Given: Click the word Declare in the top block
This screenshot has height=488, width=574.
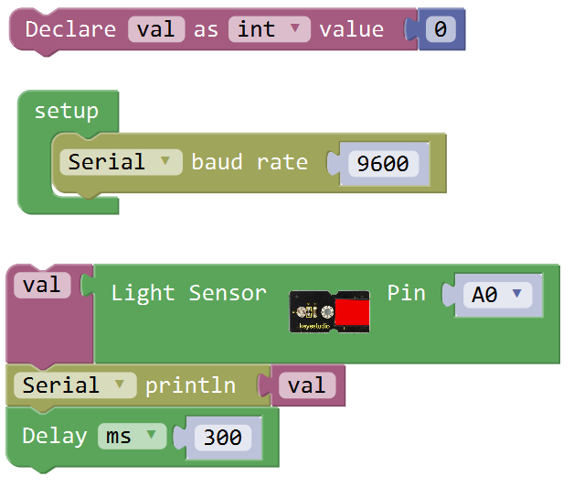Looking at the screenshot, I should pyautogui.click(x=70, y=29).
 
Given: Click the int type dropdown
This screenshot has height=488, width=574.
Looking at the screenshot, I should pyautogui.click(x=269, y=29).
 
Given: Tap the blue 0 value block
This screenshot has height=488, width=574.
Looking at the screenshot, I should pyautogui.click(x=441, y=29).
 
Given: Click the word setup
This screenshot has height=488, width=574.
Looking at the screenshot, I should pyautogui.click(x=66, y=112).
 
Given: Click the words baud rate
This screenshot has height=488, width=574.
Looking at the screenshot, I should pyautogui.click(x=250, y=162).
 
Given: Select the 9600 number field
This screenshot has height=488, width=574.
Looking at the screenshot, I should pyautogui.click(x=383, y=164).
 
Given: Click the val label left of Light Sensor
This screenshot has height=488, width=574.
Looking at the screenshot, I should pyautogui.click(x=42, y=285).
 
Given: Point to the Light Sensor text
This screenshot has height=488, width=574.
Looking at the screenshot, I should pyautogui.click(x=188, y=293).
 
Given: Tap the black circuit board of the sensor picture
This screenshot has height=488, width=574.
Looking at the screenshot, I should pyautogui.click(x=312, y=313).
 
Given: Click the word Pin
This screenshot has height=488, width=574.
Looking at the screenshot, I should pyautogui.click(x=406, y=293).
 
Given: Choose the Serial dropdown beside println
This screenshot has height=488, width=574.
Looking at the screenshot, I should pyautogui.click(x=74, y=385).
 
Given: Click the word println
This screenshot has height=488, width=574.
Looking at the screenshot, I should pyautogui.click(x=189, y=385).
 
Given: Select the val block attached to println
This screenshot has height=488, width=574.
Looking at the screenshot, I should pyautogui.click(x=306, y=385).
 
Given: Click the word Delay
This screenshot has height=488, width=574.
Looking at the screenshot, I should pyautogui.click(x=55, y=436).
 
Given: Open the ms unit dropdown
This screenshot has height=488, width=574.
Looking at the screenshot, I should pyautogui.click(x=132, y=436).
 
